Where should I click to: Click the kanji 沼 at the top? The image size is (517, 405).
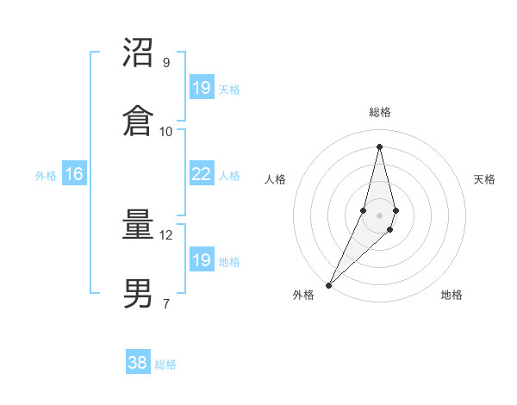point(139,53)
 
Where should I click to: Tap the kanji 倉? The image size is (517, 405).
point(139,120)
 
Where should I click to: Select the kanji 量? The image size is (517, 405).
point(139,226)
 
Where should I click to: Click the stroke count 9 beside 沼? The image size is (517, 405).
point(166,63)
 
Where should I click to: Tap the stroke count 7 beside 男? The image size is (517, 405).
point(166,302)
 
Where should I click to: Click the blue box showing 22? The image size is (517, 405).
point(201,174)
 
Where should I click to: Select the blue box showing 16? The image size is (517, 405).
point(74,174)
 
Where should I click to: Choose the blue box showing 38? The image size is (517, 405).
point(138,363)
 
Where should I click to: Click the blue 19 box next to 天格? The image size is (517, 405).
point(201,87)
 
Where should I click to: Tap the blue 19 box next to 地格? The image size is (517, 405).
point(201,259)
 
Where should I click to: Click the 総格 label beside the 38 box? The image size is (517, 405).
point(165,364)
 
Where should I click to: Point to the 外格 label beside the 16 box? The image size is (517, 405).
point(46,176)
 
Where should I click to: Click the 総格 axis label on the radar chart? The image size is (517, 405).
point(380,112)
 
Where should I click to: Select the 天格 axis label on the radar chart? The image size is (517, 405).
point(485,179)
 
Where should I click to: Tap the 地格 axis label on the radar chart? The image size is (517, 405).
point(452,295)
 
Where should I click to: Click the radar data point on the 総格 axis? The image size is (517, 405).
point(380,146)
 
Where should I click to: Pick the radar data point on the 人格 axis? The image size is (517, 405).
point(364,210)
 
